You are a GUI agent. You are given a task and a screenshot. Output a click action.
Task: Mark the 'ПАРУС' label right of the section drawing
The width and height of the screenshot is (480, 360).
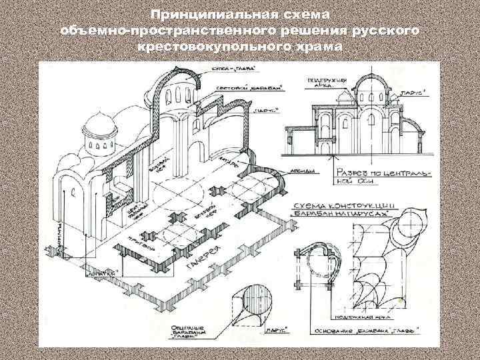pos(411,94)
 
